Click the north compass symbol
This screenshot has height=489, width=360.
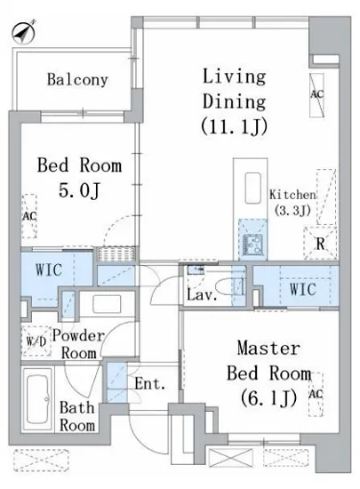coord(23,31)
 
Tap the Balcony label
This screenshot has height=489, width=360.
coord(77,80)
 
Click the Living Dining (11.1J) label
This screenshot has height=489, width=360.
coord(234,101)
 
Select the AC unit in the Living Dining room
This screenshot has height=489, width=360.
coord(316,95)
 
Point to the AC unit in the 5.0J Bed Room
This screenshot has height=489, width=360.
coord(29,216)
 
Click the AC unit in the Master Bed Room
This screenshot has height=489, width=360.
coord(316,394)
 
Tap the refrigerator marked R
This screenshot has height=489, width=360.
coord(320,244)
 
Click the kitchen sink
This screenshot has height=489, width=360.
coord(252,244)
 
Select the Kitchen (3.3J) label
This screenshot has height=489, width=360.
coord(292,203)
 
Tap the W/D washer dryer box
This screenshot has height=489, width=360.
coord(36,341)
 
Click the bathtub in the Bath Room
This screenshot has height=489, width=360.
coord(39,399)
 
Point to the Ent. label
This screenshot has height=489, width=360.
coord(150,384)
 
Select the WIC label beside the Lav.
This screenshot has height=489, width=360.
coord(302,289)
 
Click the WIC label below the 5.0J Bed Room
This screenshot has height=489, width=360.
coord(49,269)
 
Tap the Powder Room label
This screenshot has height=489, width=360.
coord(78,345)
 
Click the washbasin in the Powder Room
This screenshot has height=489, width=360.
coord(107,304)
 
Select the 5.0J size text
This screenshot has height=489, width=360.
coord(79,190)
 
